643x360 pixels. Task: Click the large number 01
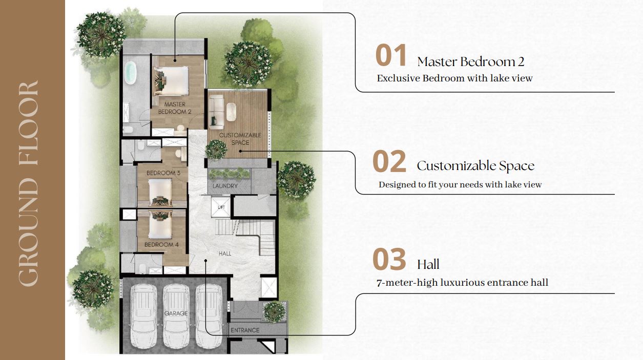[x=391, y=55]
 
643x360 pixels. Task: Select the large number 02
[x=389, y=161]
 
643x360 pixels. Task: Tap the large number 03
[x=389, y=260]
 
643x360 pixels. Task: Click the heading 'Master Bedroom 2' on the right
[x=471, y=62]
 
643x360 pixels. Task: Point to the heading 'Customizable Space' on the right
[x=475, y=166]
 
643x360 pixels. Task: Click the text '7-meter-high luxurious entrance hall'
[x=463, y=283]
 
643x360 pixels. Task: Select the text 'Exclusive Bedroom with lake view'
[x=454, y=78]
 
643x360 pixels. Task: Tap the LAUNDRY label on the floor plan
[x=225, y=186]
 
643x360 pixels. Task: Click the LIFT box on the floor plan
[x=221, y=206]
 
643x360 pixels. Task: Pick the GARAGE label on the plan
[x=176, y=313]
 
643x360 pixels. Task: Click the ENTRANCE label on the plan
[x=245, y=330]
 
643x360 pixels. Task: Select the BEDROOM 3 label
[x=163, y=173]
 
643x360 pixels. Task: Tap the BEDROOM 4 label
[x=161, y=245]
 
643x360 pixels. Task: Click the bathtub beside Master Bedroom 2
[x=130, y=73]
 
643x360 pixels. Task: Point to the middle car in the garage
[x=176, y=315]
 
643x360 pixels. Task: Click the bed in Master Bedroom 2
[x=171, y=81]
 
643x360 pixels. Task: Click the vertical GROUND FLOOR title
[x=28, y=184]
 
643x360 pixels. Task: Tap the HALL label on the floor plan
[x=225, y=253]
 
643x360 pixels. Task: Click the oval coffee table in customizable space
[x=231, y=112]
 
